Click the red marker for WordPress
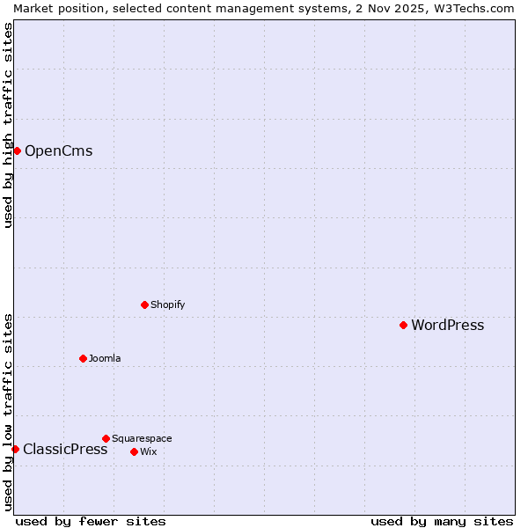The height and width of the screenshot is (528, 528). (x=404, y=325)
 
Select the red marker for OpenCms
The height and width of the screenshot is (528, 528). (x=17, y=150)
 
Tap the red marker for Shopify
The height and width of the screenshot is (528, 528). (x=144, y=304)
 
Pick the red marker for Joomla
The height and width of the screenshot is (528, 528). (x=83, y=358)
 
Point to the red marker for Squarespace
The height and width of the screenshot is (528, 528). (x=106, y=438)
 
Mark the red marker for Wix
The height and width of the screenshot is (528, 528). (x=134, y=451)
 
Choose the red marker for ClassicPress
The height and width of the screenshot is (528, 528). (x=15, y=449)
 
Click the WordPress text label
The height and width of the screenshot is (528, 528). (x=447, y=326)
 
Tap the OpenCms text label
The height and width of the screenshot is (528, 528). (x=58, y=150)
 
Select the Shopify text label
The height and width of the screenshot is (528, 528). (x=167, y=304)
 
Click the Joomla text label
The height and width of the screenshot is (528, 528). (x=105, y=358)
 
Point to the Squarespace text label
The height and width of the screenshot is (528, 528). (x=142, y=438)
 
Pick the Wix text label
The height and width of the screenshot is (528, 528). (x=148, y=451)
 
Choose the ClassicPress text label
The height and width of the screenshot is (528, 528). (x=65, y=450)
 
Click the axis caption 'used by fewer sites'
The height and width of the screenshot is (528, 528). (x=91, y=521)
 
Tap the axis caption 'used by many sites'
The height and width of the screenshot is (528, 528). (x=442, y=521)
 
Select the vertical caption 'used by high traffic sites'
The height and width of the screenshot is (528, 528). (x=8, y=125)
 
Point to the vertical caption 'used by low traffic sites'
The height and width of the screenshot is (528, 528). (x=8, y=411)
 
